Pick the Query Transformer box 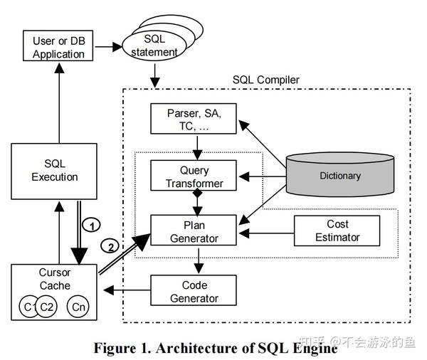click(194, 177)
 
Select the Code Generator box click(194, 291)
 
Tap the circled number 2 click(110, 247)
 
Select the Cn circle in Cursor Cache click(78, 307)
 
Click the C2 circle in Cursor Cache click(46, 307)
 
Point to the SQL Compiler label click(266, 80)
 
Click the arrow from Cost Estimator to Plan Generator click(267, 231)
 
